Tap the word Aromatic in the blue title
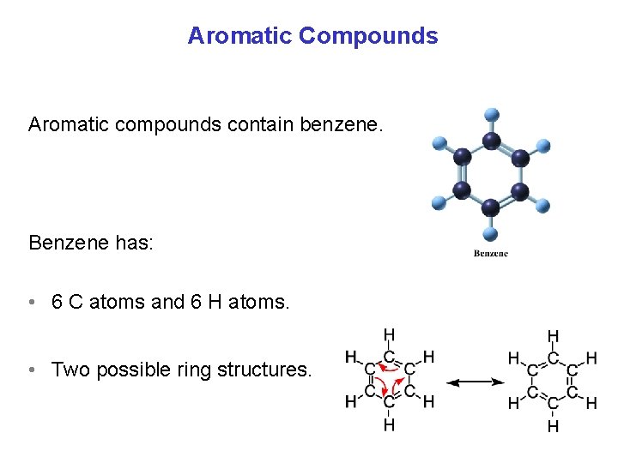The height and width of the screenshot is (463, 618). [x=239, y=36]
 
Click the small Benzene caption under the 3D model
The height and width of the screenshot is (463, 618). [x=491, y=253]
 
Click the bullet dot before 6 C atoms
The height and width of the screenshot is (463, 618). [x=31, y=303]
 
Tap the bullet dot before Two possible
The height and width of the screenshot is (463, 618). [x=31, y=370]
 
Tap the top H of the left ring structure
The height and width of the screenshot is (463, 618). [x=390, y=335]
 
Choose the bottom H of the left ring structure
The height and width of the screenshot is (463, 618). [x=390, y=424]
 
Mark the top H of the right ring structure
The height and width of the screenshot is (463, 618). [x=553, y=336]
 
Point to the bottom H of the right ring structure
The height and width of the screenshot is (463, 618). [x=553, y=425]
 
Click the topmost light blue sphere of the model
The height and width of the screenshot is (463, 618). [x=492, y=114]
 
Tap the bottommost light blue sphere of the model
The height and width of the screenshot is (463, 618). [x=491, y=233]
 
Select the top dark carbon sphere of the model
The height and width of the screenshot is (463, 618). [x=492, y=141]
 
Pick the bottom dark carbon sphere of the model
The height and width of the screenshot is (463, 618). [x=491, y=207]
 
